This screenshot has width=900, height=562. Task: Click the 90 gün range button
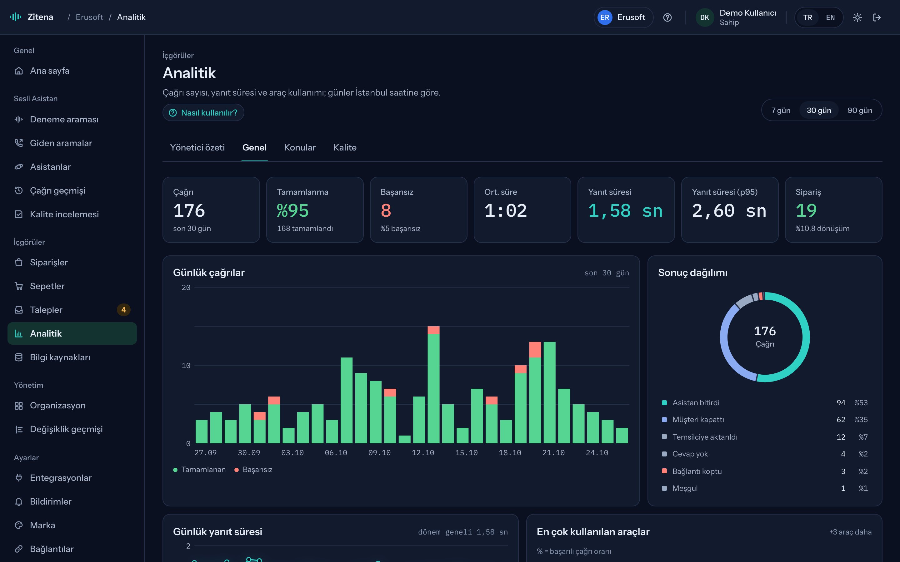[x=859, y=111]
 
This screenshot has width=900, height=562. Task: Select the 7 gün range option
[x=781, y=111]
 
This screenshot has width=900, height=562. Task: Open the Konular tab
[x=300, y=148]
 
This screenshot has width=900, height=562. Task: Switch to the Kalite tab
[x=345, y=148]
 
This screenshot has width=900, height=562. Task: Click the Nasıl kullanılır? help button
[x=203, y=112]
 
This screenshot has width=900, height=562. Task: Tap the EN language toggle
[x=830, y=17]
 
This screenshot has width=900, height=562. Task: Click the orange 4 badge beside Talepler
[x=123, y=310]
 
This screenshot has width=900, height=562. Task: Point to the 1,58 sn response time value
[x=625, y=211]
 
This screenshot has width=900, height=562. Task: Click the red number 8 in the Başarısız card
[x=386, y=211]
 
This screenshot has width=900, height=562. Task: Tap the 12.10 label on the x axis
[x=423, y=453]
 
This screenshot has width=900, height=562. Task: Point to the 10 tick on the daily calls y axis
[x=186, y=365]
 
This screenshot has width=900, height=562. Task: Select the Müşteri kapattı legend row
[x=765, y=420]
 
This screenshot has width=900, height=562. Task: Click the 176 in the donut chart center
[x=765, y=331]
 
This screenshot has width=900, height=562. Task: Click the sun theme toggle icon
[x=857, y=17]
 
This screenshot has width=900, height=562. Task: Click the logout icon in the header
[x=877, y=17]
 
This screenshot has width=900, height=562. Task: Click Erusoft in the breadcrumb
[x=89, y=17]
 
